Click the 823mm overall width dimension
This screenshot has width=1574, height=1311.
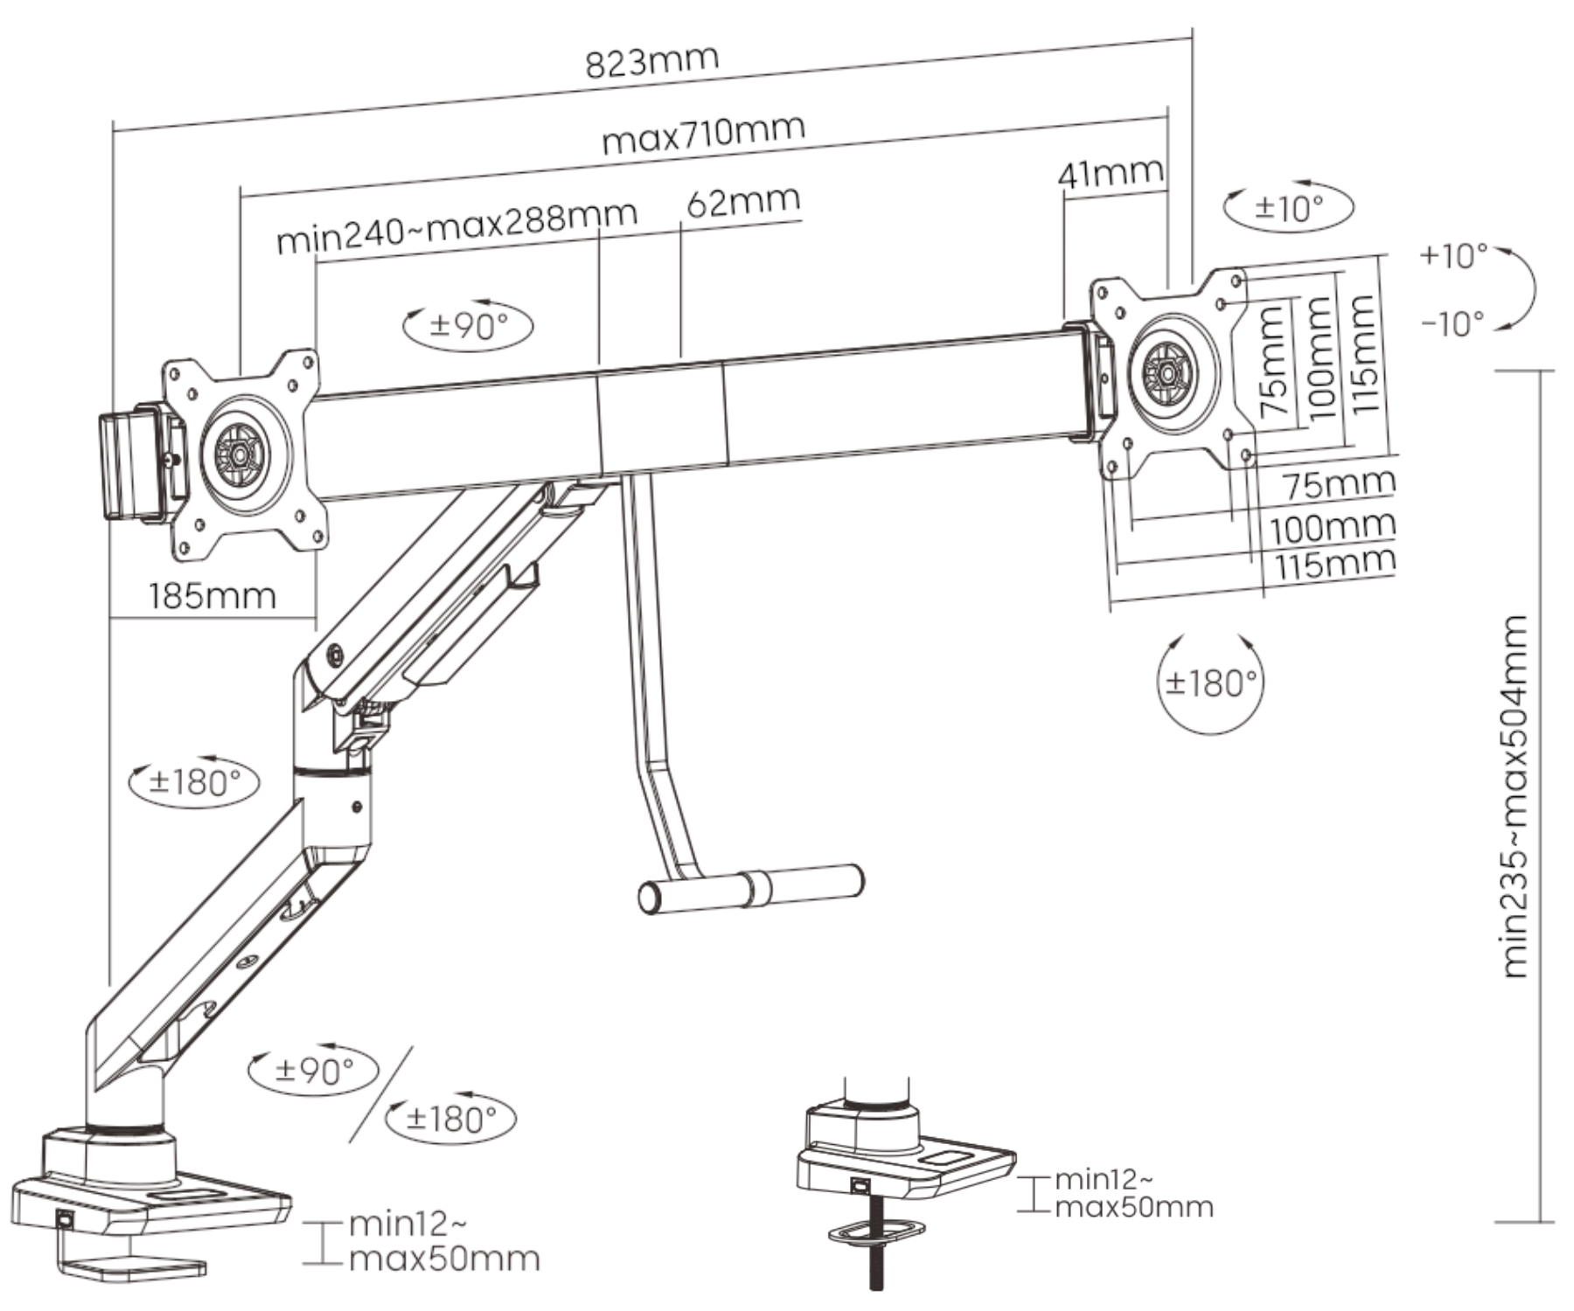click(x=651, y=62)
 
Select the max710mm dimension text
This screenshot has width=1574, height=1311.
click(x=703, y=134)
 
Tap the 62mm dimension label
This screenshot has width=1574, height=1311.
click(x=742, y=203)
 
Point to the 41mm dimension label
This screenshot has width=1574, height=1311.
click(x=1111, y=172)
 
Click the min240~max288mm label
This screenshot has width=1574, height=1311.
click(x=456, y=225)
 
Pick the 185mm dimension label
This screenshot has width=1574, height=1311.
click(x=212, y=596)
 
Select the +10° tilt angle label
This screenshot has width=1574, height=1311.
click(x=1453, y=256)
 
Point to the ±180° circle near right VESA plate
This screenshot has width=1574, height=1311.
click(x=1211, y=683)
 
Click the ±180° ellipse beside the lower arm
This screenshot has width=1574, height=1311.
click(x=194, y=780)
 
